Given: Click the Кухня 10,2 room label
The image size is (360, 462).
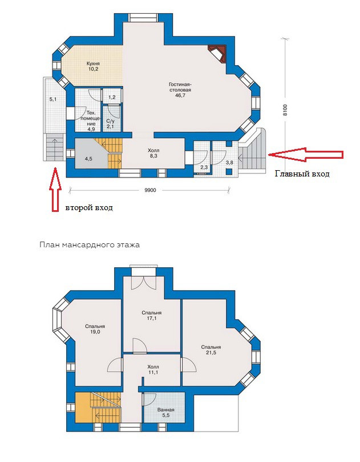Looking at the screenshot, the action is (x=93, y=66).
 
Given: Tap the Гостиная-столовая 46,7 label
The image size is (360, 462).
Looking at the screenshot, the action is (x=180, y=90).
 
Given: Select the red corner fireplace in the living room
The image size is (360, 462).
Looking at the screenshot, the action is (x=217, y=54).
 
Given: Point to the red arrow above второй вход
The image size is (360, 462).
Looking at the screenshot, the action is (x=55, y=189).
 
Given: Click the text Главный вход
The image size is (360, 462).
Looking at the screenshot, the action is (x=302, y=174).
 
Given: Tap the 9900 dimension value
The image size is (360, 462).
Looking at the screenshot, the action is (x=150, y=190).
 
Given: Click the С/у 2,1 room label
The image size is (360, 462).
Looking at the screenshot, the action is (x=110, y=124).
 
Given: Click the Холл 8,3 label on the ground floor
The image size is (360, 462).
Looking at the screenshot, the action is (x=153, y=153).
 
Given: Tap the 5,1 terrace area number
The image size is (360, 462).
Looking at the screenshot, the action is (x=53, y=99).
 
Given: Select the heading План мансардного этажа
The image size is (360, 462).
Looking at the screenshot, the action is (x=90, y=244).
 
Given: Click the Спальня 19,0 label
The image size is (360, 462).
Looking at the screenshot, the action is (x=95, y=329).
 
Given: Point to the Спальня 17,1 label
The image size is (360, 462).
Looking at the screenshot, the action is (x=151, y=316).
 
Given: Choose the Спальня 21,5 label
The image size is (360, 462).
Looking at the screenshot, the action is (x=211, y=349).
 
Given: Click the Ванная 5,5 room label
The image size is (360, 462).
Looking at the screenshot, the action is (x=165, y=412).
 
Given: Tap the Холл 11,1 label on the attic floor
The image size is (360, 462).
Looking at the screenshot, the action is (x=153, y=369).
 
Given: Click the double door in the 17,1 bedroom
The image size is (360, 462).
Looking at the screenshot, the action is (x=143, y=282).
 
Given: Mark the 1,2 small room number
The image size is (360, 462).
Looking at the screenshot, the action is (x=112, y=97).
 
